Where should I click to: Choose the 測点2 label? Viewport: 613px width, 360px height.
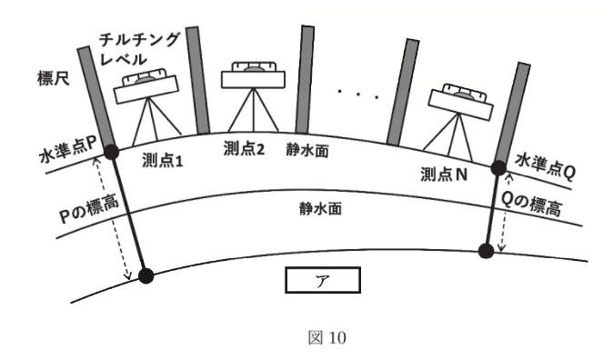tap(243, 149)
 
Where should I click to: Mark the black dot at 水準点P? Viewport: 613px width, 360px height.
tap(112, 152)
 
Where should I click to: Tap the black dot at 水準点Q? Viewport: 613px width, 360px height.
tap(497, 167)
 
